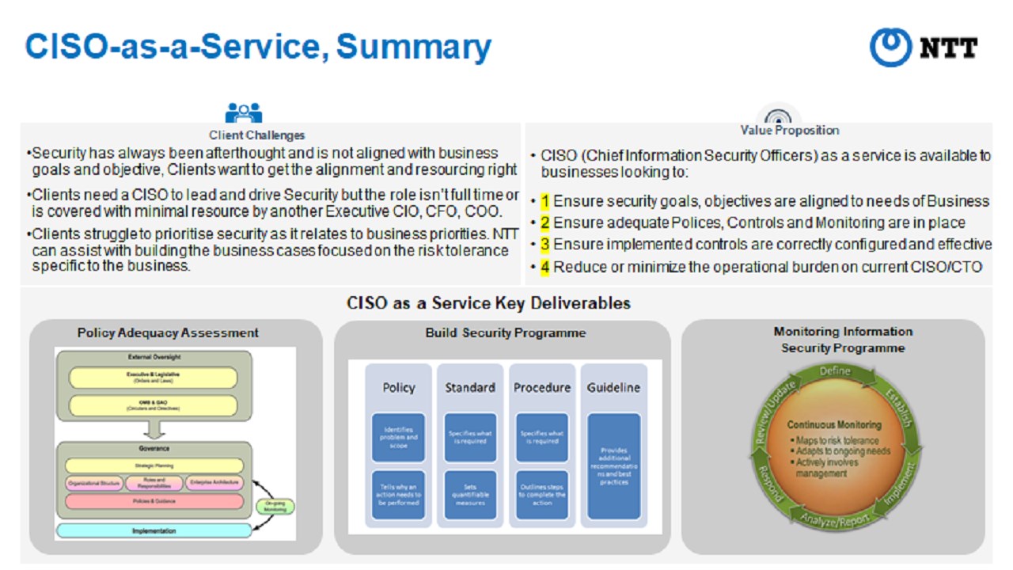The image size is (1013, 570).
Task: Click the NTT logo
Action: pyautogui.click(x=924, y=47)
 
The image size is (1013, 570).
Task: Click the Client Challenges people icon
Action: pyautogui.click(x=243, y=113)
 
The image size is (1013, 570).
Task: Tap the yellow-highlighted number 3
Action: pyautogui.click(x=545, y=245)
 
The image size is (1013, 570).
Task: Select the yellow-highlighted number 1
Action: pyautogui.click(x=545, y=201)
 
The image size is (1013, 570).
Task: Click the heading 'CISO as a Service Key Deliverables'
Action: pyautogui.click(x=488, y=303)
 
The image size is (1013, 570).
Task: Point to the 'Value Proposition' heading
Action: pyautogui.click(x=789, y=131)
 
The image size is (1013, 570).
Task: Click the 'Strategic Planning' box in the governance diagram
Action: pyautogui.click(x=154, y=465)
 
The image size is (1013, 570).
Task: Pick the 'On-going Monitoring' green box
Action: pyautogui.click(x=275, y=507)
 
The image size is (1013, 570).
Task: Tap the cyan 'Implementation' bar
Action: pyautogui.click(x=154, y=530)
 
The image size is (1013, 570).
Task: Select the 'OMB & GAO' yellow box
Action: pyautogui.click(x=154, y=405)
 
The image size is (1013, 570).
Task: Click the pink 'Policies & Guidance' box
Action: pyautogui.click(x=154, y=501)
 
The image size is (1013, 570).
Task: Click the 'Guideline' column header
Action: pyautogui.click(x=613, y=387)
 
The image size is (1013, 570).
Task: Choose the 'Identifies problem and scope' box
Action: pyautogui.click(x=398, y=437)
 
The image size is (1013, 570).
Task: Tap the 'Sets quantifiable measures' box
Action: pyautogui.click(x=470, y=495)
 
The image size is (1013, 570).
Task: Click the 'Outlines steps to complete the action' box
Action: pyautogui.click(x=542, y=495)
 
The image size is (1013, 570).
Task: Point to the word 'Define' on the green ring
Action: pyautogui.click(x=835, y=371)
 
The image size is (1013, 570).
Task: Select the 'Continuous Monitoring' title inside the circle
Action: pyautogui.click(x=833, y=425)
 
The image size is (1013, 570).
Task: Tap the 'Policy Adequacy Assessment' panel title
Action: pyautogui.click(x=168, y=332)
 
